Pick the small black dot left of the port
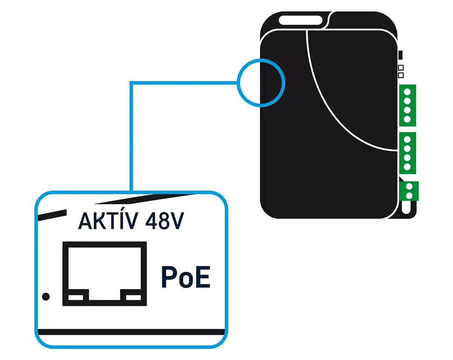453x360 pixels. click(46, 297)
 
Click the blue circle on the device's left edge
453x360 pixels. click(261, 83)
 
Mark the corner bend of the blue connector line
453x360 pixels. click(131, 83)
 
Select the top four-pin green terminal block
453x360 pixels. click(407, 105)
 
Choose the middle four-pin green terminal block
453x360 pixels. click(407, 153)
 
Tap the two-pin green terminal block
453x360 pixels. click(408, 191)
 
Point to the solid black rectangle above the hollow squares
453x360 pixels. click(401, 55)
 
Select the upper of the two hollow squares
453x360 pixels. click(401, 68)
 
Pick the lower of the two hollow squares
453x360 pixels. click(401, 75)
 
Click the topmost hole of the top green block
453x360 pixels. click(407, 92)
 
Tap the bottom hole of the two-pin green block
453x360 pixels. click(408, 195)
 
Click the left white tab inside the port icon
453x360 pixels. click(75, 297)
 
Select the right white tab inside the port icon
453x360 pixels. click(133, 297)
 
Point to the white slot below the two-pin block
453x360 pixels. click(406, 207)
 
